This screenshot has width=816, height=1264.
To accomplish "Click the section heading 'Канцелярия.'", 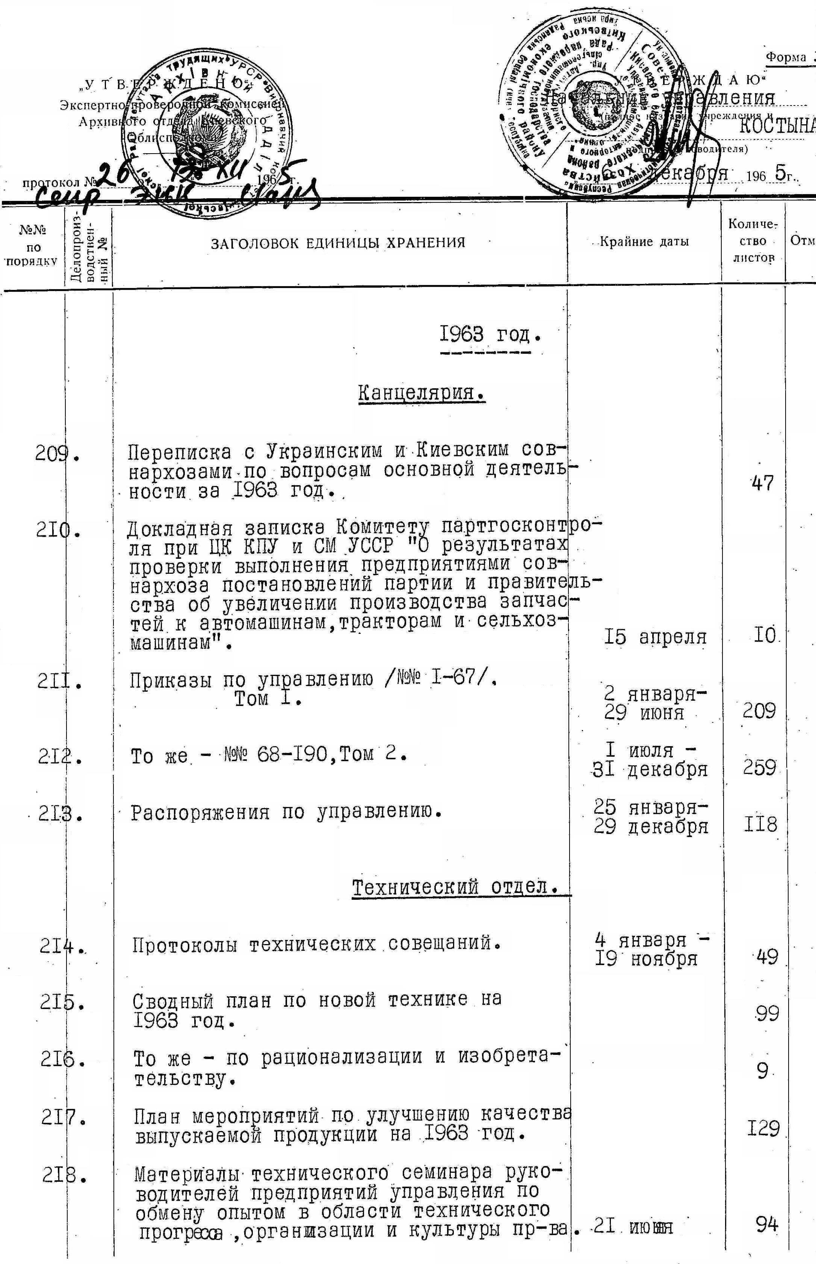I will pos(422,394).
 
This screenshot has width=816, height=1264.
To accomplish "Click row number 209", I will pos(57,453).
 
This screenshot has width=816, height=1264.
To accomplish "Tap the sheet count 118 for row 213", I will pos(760,825).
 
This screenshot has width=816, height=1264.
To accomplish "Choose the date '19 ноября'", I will pos(646,958).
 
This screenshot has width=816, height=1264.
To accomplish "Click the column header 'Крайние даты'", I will pos(644,242).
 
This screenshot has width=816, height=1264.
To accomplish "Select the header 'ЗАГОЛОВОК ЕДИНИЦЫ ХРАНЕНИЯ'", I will pos(338,243).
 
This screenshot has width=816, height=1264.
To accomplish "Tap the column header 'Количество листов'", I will pos(753,241).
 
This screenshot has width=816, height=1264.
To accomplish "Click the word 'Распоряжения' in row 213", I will pos(200,812).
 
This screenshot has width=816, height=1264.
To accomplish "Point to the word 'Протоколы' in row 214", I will pos(185,945).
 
